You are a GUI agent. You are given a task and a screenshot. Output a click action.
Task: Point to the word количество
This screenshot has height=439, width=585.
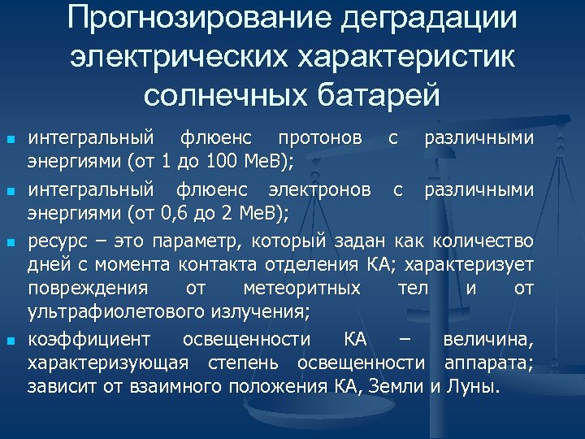coord(483,241)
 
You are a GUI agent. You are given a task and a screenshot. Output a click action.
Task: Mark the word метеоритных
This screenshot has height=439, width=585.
coord(302,288)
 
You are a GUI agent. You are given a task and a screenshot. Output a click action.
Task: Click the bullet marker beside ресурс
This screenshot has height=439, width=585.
coord(11,242)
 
